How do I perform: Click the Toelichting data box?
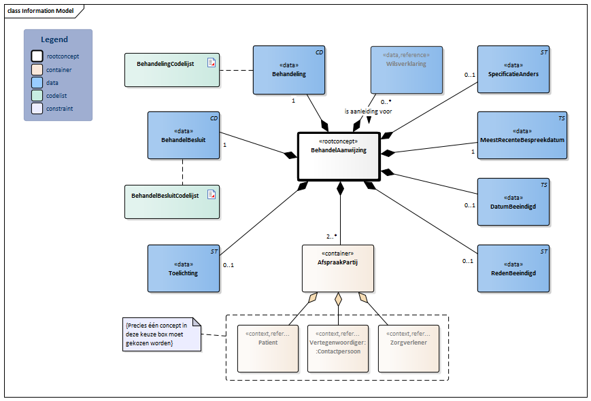(183, 268)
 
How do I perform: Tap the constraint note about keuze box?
(158, 334)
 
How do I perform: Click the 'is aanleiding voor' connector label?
(368, 111)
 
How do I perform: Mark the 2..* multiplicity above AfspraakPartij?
(331, 236)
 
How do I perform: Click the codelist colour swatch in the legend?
(37, 95)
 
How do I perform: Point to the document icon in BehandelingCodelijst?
(211, 63)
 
